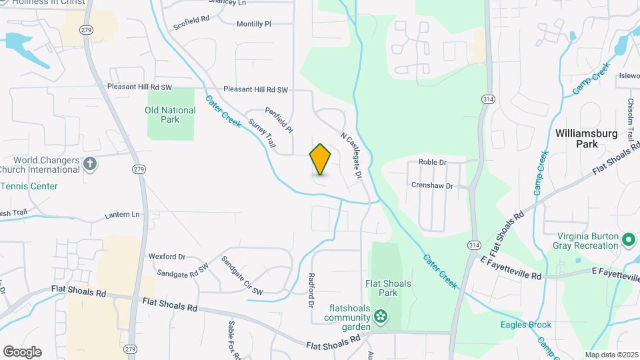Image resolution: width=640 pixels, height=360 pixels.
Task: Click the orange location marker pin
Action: tap(320, 159)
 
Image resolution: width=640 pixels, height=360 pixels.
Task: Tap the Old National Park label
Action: tap(170, 115)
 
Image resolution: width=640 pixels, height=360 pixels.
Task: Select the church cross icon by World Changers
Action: tap(90, 163)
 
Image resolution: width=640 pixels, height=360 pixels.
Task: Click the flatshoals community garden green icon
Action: tap(381, 316)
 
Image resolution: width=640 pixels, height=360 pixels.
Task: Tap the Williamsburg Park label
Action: tap(587, 138)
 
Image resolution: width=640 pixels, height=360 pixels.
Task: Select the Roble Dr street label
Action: tap(432, 162)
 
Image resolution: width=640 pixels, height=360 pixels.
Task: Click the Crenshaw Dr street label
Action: tap(432, 185)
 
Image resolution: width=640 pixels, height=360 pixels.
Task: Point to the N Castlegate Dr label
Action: tap(351, 155)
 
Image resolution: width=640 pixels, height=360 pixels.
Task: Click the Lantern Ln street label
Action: tap(123, 215)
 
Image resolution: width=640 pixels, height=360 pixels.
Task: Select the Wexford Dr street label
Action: tap(166, 256)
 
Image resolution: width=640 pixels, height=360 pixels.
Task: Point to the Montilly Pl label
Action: tap(254, 24)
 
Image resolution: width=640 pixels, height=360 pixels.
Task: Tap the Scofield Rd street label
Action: tap(191, 23)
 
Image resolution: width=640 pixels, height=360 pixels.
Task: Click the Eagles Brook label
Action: tap(526, 325)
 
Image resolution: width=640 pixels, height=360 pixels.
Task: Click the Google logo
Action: tap(22, 351)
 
